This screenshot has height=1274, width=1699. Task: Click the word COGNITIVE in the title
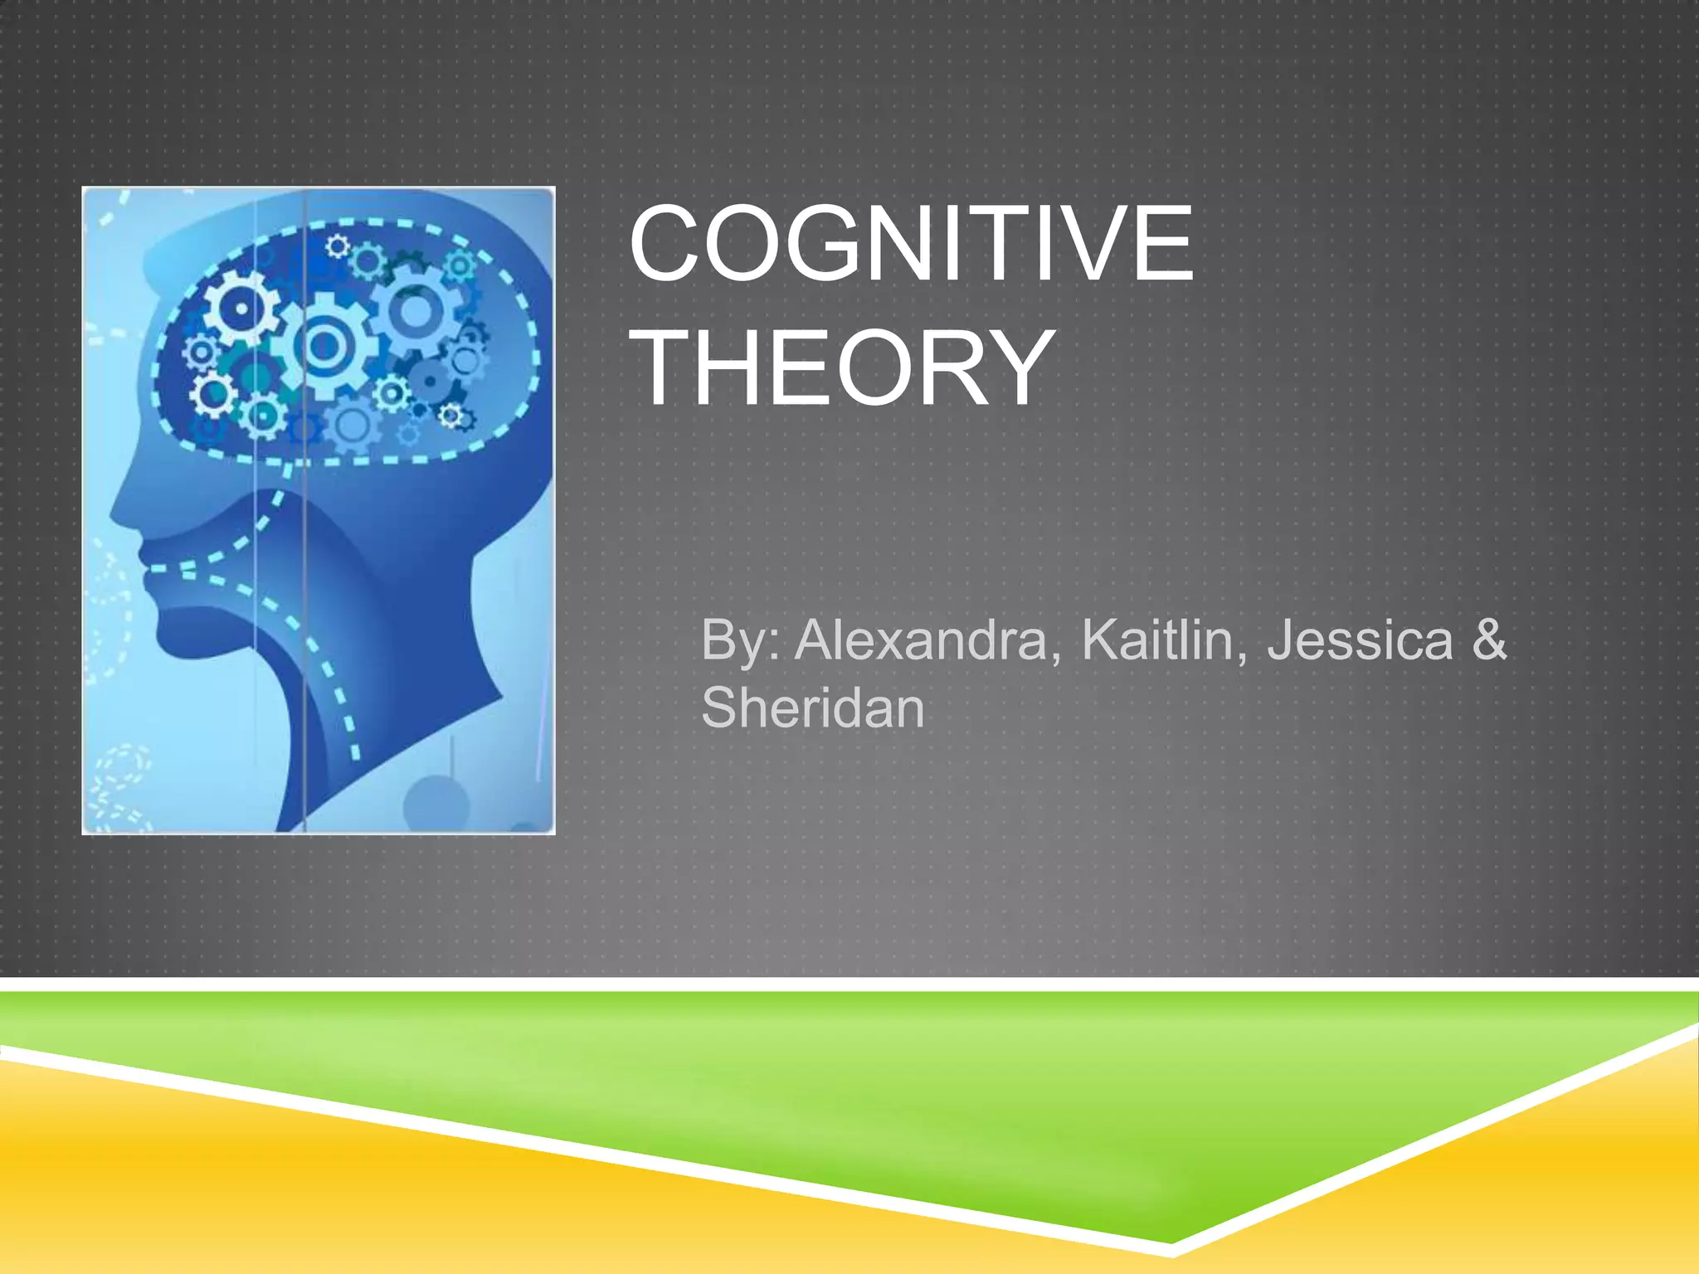[x=911, y=245]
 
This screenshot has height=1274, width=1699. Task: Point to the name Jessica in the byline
[x=1360, y=640]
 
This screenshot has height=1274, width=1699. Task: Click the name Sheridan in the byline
[x=812, y=708]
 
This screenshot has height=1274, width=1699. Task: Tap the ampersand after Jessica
[x=1489, y=640]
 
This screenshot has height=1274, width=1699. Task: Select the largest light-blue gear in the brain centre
[x=322, y=345]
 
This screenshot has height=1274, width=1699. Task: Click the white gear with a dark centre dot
[x=241, y=309]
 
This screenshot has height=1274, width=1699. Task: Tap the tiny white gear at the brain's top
[x=337, y=246]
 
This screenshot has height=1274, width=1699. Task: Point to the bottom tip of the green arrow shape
[x=1171, y=1241]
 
